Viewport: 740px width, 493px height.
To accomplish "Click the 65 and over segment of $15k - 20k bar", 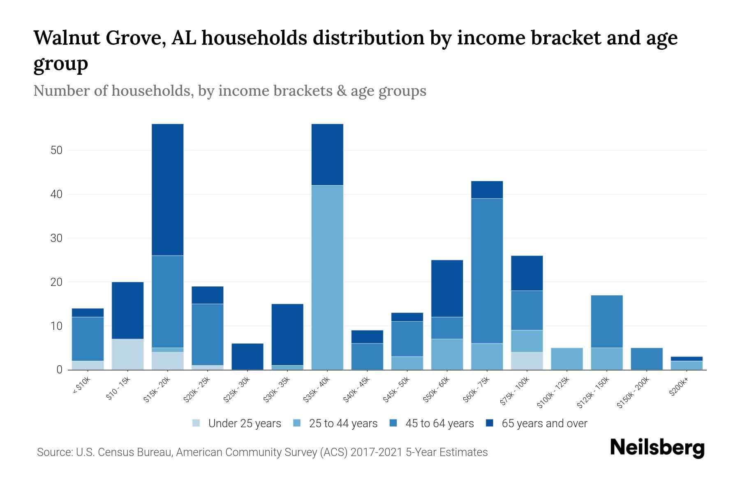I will click(168, 189).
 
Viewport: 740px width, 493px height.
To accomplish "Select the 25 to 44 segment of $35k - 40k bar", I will click(327, 277).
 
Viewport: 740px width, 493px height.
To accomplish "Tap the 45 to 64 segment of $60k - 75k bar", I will click(487, 271).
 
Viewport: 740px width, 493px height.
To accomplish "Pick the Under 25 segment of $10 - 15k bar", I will click(127, 354).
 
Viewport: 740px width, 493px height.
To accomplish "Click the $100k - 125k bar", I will click(567, 359).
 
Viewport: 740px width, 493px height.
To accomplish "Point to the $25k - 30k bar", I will click(247, 356).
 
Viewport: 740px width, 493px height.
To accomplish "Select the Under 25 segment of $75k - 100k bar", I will click(527, 361).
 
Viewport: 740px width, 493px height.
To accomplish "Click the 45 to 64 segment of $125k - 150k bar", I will click(606, 321).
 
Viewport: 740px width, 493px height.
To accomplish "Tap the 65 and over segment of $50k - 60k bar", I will click(447, 288).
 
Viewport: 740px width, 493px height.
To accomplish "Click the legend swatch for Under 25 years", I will click(197, 423).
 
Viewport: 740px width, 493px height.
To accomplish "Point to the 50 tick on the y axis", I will click(56, 150).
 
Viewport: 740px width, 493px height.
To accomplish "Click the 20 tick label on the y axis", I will click(56, 282).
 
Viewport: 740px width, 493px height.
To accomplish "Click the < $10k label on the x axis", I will click(81, 386).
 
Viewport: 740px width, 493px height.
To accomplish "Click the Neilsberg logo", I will click(657, 448).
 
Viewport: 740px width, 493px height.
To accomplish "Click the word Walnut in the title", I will click(67, 38).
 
